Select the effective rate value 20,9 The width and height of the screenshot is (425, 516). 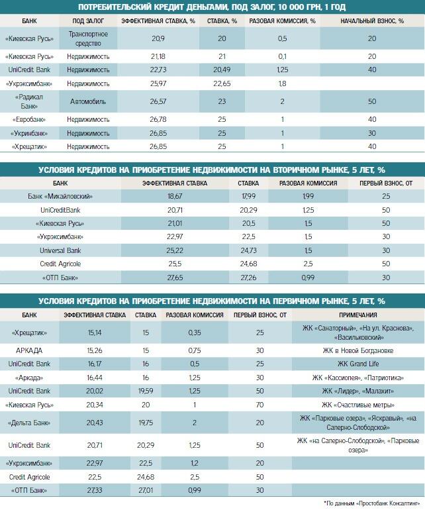(157, 39)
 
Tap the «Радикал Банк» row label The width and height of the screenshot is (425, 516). (29, 101)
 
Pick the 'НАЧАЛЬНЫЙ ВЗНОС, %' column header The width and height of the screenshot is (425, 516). (372, 21)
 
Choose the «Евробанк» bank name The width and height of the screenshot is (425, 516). (29, 119)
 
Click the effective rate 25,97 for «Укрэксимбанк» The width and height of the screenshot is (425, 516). (157, 84)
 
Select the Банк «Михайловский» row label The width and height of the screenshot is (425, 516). (60, 196)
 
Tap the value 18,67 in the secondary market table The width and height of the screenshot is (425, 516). (175, 196)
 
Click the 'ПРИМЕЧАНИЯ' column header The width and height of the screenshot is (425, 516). (358, 315)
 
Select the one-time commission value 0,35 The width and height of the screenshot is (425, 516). (194, 333)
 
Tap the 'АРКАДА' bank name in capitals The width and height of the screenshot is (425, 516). (29, 350)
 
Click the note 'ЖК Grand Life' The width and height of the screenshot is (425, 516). (358, 364)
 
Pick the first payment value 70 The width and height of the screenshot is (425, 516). (260, 405)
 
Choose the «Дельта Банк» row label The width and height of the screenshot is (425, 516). (29, 423)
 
